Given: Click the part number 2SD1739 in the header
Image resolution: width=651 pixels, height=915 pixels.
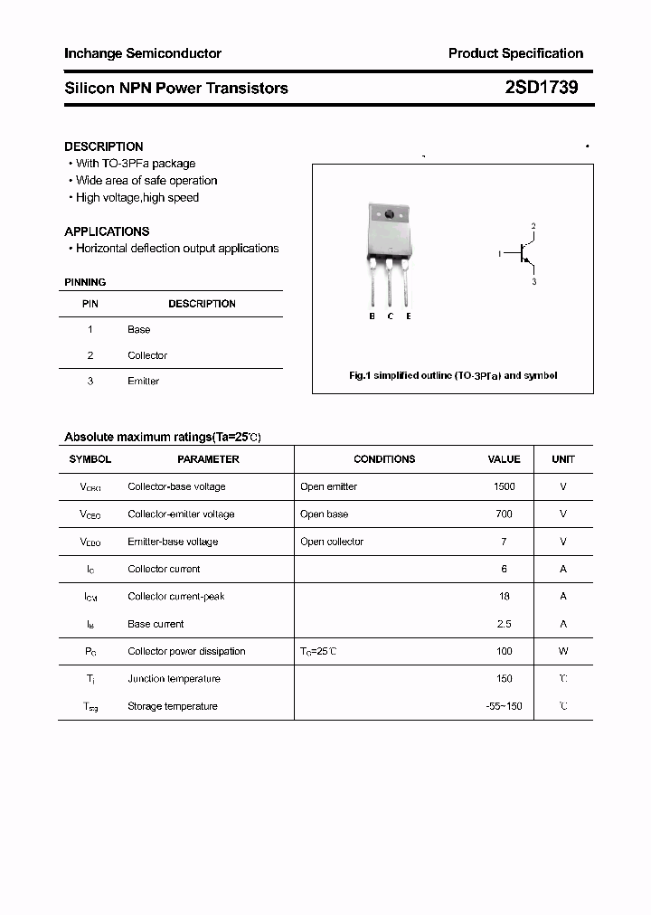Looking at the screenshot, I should pyautogui.click(x=541, y=88).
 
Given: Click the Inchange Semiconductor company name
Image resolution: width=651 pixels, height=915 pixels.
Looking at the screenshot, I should pyautogui.click(x=142, y=53).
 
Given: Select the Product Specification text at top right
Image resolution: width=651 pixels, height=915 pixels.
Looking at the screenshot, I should pyautogui.click(x=515, y=53).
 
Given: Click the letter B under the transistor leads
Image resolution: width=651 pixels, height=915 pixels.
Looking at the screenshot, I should pyautogui.click(x=372, y=316).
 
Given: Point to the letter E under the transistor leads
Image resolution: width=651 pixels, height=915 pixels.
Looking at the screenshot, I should pyautogui.click(x=409, y=316).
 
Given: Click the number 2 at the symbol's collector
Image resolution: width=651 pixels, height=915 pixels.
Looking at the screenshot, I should pyautogui.click(x=533, y=226).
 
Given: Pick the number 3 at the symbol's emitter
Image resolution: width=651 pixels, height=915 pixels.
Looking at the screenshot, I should pyautogui.click(x=533, y=282).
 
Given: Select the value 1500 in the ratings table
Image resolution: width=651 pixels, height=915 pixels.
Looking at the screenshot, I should pyautogui.click(x=504, y=486).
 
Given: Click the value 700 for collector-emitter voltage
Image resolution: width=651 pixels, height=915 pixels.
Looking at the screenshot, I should pyautogui.click(x=504, y=514).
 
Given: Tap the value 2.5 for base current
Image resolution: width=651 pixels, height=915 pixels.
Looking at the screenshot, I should pyautogui.click(x=504, y=624).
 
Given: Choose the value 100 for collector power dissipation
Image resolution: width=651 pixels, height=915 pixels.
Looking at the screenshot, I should pyautogui.click(x=504, y=651).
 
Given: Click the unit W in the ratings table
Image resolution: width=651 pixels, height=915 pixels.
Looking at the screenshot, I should pyautogui.click(x=562, y=651).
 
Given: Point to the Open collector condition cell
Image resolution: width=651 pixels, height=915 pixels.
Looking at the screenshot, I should pyautogui.click(x=332, y=542).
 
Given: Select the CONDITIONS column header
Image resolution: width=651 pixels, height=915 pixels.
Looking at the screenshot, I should pyautogui.click(x=384, y=459).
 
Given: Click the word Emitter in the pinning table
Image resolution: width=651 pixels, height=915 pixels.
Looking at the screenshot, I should pyautogui.click(x=143, y=382).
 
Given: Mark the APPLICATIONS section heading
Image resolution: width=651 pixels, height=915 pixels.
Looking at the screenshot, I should pyautogui.click(x=107, y=231).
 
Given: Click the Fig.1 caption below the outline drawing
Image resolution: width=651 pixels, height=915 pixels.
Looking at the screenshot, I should pyautogui.click(x=453, y=375).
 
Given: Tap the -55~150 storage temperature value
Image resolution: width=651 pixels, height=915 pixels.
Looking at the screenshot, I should pyautogui.click(x=504, y=706).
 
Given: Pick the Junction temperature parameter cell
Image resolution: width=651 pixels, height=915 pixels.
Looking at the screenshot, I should pyautogui.click(x=174, y=679).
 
